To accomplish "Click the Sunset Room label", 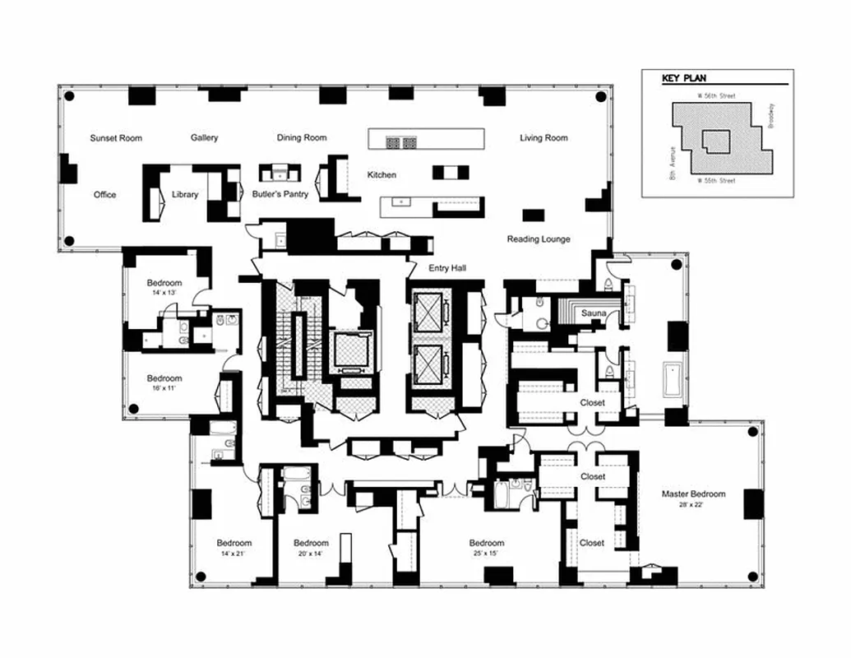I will pyautogui.click(x=116, y=138).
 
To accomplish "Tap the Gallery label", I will pyautogui.click(x=204, y=138).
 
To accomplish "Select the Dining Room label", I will pyautogui.click(x=302, y=138).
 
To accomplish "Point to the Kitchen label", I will pyautogui.click(x=382, y=175).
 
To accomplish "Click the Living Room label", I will pyautogui.click(x=543, y=138).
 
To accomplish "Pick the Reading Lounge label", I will pyautogui.click(x=539, y=239).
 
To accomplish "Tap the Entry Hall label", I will pyautogui.click(x=447, y=269).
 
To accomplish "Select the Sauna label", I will pyautogui.click(x=594, y=314).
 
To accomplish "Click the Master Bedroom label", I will pyautogui.click(x=694, y=494).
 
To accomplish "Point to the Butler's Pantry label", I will pyautogui.click(x=279, y=195).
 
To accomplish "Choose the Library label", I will pyautogui.click(x=185, y=195).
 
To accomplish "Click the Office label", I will pyautogui.click(x=104, y=195).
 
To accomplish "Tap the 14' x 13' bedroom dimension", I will pyautogui.click(x=164, y=293).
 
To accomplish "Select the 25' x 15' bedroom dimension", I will pyautogui.click(x=487, y=554).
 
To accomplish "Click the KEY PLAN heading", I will pyautogui.click(x=684, y=80).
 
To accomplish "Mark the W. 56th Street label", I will pyautogui.click(x=716, y=96).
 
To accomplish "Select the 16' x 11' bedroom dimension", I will pyautogui.click(x=164, y=389).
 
